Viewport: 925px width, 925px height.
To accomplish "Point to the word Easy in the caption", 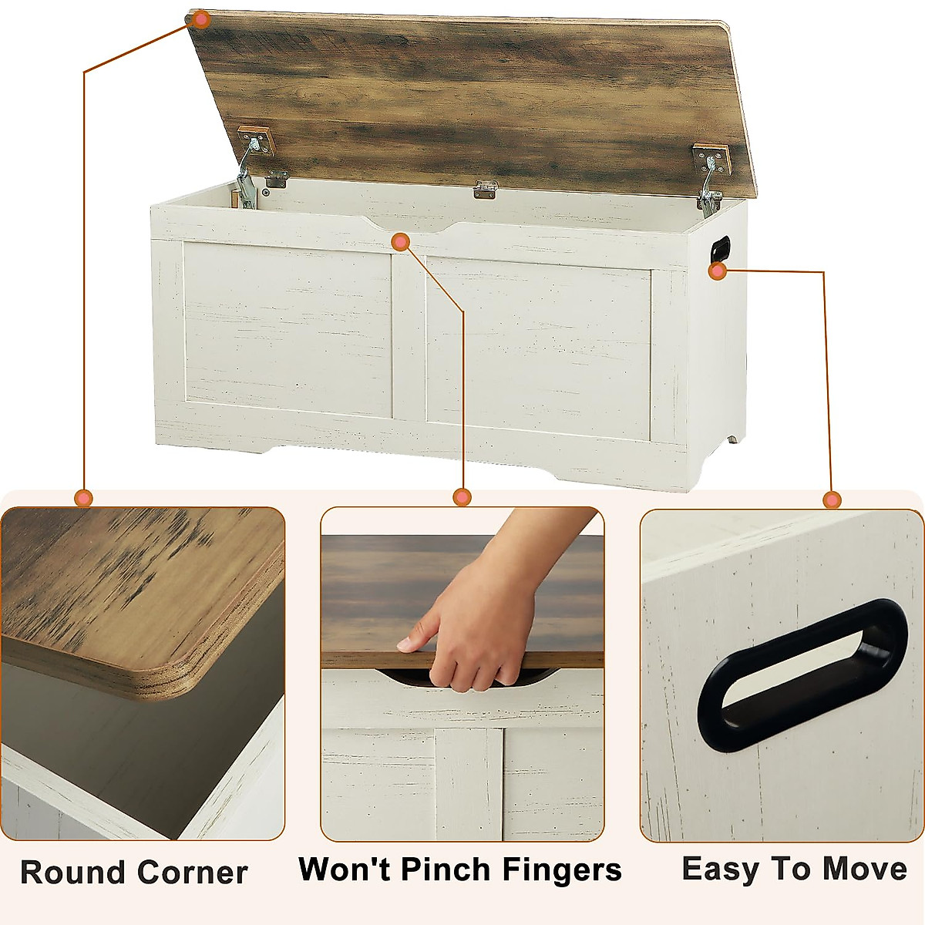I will [x=721, y=869].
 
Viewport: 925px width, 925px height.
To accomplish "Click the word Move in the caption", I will [x=864, y=869].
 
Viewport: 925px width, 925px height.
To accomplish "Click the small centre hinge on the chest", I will [x=485, y=190].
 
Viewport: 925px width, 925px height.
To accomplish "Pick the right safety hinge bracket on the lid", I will [x=710, y=173].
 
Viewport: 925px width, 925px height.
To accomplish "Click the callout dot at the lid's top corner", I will [x=200, y=20].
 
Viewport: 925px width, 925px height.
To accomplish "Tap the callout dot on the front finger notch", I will [x=400, y=242].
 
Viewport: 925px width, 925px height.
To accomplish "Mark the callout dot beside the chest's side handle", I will [x=718, y=271].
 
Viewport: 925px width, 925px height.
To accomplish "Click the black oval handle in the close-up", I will [x=802, y=674].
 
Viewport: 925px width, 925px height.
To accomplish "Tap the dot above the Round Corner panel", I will [x=84, y=498].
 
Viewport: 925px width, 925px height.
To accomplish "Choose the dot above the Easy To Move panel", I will [x=832, y=500].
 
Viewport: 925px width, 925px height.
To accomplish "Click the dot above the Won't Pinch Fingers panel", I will [x=462, y=497].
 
